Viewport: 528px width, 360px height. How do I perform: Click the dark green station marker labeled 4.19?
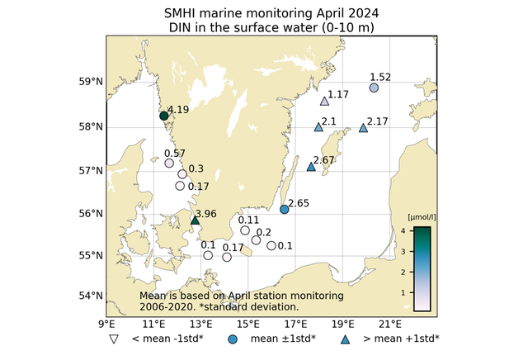163,116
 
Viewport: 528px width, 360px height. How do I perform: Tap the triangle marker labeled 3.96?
196,220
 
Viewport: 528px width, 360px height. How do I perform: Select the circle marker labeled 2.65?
285,210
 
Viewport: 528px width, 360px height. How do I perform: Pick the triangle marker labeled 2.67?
311,167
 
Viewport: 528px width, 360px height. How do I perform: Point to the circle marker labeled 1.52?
374,88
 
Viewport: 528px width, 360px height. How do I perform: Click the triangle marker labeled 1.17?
324,102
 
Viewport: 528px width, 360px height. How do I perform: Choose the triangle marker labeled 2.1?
318,127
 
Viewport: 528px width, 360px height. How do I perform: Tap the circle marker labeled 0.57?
169,163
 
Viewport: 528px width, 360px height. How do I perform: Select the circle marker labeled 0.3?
182,173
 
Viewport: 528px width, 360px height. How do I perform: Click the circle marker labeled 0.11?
245,230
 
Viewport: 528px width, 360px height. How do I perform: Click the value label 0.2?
264,231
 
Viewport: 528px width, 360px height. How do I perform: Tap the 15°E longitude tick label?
248,324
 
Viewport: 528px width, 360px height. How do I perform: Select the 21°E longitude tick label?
391,324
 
